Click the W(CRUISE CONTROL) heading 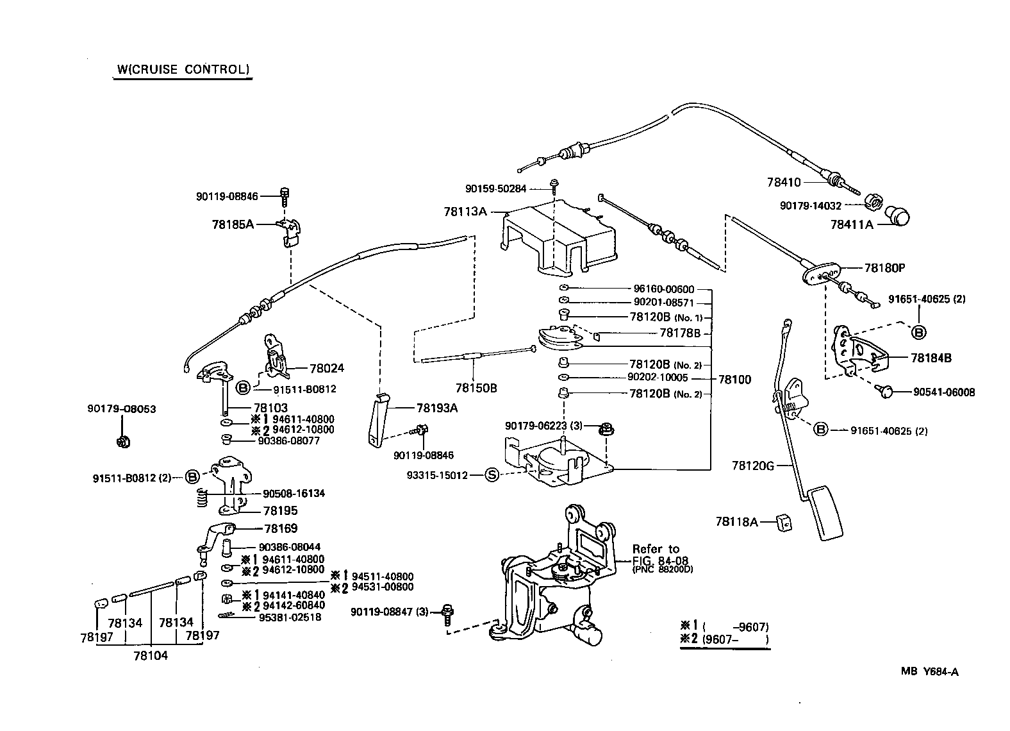coord(183,69)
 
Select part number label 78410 coord(784,182)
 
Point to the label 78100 coord(734,380)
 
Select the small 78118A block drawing coord(783,522)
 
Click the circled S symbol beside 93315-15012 coord(491,475)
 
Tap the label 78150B coord(476,388)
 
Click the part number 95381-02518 coord(290,617)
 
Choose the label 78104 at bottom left coord(151,655)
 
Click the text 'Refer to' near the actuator coord(655,549)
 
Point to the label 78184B coord(931,358)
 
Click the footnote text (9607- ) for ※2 coord(735,639)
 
